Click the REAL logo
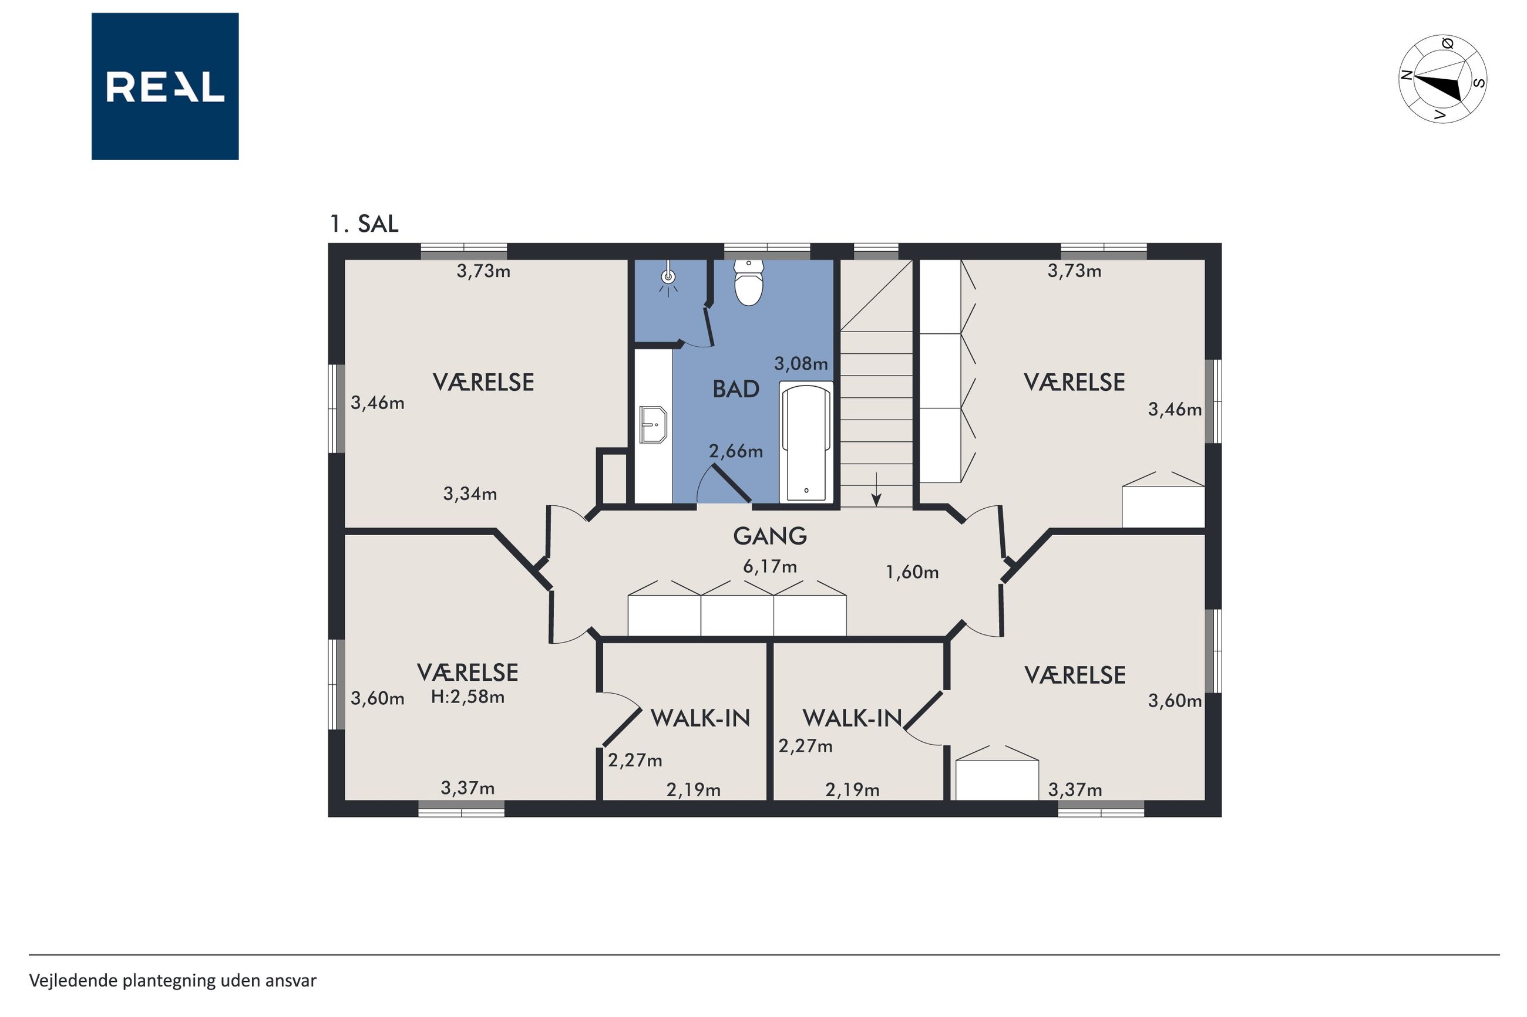coord(165,86)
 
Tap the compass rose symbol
coord(1442,79)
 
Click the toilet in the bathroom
coord(748,283)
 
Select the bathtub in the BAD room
coord(806,442)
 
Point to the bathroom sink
coord(654,425)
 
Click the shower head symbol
coord(668,279)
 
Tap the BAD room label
coord(736,389)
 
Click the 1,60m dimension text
coord(912,572)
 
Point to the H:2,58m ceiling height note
coord(467,697)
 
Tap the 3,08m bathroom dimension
coord(801,363)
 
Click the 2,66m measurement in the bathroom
coord(735,451)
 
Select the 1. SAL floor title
coord(364,224)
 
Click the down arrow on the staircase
coord(876,489)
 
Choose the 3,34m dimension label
coord(470,494)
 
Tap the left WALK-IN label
coord(700,718)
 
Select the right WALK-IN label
coord(852,718)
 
